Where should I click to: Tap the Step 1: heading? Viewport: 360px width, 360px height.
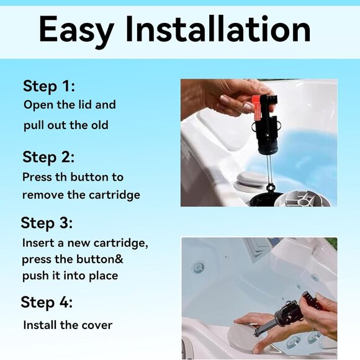click(x=49, y=87)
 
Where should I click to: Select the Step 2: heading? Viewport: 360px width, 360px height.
click(x=48, y=158)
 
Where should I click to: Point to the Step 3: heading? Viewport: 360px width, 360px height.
click(x=47, y=223)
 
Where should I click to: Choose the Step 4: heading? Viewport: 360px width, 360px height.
click(x=47, y=302)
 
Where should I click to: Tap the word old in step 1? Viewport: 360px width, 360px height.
click(x=100, y=125)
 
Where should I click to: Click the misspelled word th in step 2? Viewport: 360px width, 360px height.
click(x=61, y=177)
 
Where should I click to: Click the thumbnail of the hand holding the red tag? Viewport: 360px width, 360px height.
click(x=259, y=143)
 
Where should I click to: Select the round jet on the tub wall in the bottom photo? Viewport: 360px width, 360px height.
click(x=199, y=267)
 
